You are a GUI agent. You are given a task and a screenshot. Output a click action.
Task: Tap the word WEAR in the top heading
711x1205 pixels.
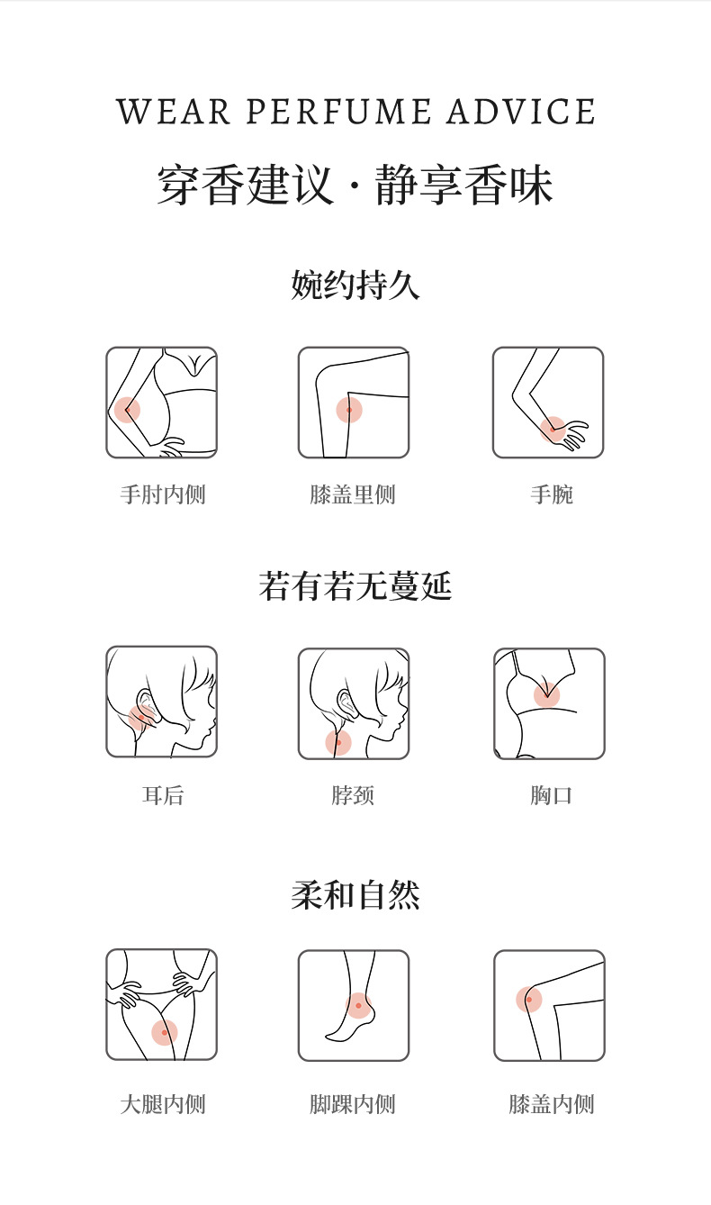click(171, 113)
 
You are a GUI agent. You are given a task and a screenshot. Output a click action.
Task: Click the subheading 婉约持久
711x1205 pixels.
click(355, 285)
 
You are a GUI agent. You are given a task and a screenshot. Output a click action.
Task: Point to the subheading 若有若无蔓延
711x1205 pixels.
click(355, 586)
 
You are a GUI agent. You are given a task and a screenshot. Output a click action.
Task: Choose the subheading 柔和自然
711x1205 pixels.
click(355, 895)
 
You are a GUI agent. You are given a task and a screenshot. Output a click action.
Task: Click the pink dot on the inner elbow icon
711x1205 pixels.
click(127, 410)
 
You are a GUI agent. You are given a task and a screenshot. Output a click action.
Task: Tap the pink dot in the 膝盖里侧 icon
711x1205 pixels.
click(349, 410)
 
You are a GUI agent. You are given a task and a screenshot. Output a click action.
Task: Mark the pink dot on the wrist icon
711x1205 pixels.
click(553, 429)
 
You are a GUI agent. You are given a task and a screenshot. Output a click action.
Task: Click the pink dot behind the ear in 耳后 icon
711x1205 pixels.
click(139, 718)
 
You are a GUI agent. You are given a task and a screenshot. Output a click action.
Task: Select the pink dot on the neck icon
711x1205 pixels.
click(338, 742)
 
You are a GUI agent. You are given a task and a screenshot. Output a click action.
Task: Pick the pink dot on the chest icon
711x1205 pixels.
click(546, 694)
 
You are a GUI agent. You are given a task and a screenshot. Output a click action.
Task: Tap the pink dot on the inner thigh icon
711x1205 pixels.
click(164, 1032)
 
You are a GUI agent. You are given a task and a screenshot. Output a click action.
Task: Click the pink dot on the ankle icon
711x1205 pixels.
click(359, 1006)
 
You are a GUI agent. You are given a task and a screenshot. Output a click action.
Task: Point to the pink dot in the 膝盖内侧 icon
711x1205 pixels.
click(529, 999)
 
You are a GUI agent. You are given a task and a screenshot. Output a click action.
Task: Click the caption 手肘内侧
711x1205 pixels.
click(163, 494)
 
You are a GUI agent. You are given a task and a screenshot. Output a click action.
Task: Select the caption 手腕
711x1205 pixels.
click(551, 494)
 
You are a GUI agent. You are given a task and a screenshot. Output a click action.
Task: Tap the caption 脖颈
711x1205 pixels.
click(352, 795)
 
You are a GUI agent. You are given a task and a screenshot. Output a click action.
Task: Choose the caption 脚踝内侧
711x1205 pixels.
click(352, 1104)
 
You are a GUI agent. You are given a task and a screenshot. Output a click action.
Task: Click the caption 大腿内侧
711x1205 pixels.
click(163, 1104)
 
